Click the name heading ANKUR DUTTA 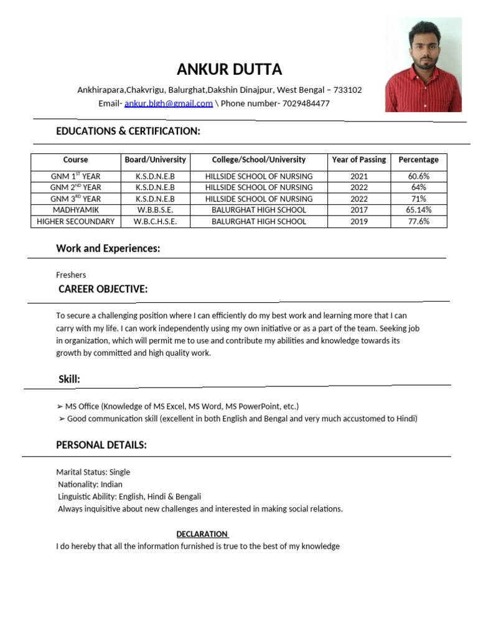coord(229,69)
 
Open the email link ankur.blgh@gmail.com coord(168,103)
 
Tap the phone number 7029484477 coord(306,103)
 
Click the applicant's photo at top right coord(423,65)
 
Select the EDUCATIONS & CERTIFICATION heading coord(128,131)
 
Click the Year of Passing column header coord(358,160)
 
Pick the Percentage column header coord(418,160)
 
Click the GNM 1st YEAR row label coord(75,176)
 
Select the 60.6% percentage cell coord(418,176)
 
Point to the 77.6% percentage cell coord(418,221)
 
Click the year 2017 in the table coord(358,210)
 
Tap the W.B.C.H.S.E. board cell coord(155,221)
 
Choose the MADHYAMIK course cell coord(75,210)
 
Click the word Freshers coord(71,275)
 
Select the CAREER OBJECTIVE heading coord(103,289)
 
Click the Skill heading coord(69,379)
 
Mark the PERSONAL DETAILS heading coord(101,445)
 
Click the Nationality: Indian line coord(90,484)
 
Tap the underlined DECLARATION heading coord(202,534)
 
